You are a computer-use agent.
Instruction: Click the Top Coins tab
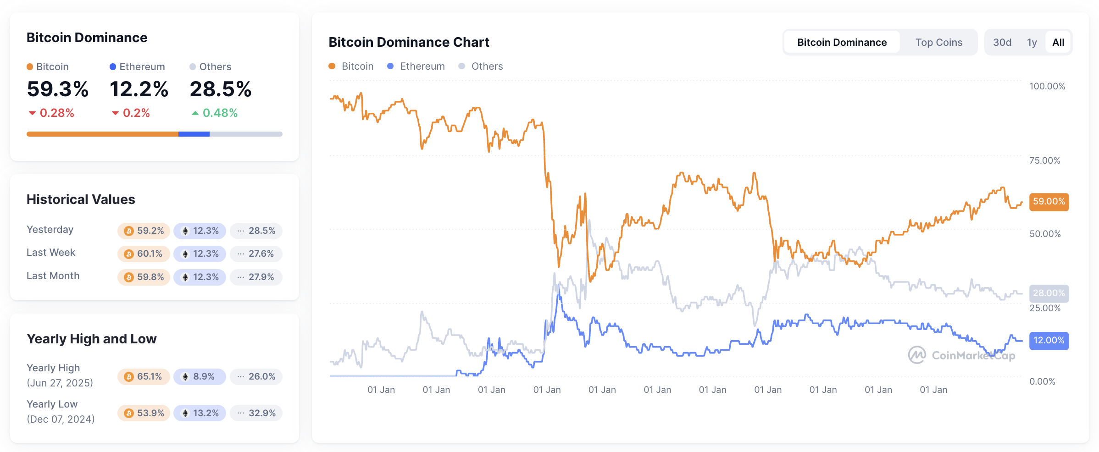coord(938,43)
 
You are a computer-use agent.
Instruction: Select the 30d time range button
coord(1002,43)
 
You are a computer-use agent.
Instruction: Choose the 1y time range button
coord(1032,43)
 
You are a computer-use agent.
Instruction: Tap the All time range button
coord(1058,43)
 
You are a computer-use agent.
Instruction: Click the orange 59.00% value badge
coord(1049,202)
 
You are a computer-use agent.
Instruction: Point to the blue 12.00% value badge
coord(1049,341)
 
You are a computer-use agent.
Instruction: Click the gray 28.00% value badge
coord(1049,293)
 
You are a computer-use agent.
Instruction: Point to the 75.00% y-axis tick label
coord(1044,160)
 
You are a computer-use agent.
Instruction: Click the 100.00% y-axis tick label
coord(1047,86)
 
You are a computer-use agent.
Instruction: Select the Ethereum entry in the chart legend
coord(422,66)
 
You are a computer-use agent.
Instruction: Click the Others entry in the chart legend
coord(486,66)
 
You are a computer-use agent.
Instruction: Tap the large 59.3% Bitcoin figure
coord(58,89)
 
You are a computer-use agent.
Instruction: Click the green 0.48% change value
coord(220,113)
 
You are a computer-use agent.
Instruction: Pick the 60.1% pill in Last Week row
coord(144,254)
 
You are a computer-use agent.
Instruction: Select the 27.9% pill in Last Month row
coord(256,277)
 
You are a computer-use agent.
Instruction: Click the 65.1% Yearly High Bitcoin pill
coord(144,377)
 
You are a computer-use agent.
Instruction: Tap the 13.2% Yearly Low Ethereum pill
coord(200,413)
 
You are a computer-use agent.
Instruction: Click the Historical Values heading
coord(81,199)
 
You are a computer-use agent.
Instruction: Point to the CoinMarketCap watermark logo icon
coord(917,355)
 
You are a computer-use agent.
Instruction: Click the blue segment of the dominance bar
coord(194,134)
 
